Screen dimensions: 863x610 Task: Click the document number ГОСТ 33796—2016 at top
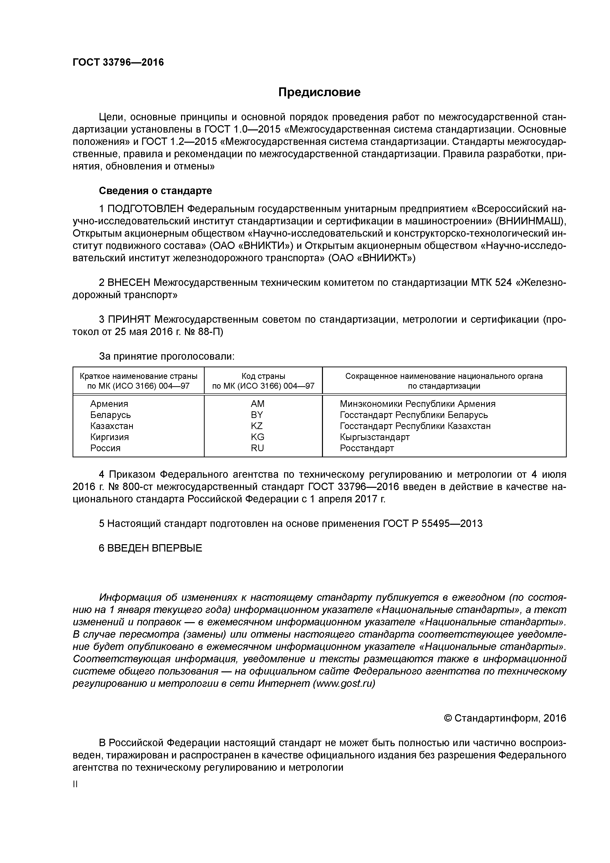(118, 62)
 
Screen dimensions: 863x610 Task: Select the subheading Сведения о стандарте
(155, 191)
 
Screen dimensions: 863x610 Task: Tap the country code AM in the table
(258, 404)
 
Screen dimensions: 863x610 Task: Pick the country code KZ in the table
(257, 426)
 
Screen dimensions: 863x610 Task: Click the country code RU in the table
(258, 448)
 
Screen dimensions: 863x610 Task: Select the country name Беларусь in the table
(110, 415)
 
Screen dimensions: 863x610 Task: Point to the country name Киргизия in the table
(109, 437)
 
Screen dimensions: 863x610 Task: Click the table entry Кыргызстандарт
(374, 437)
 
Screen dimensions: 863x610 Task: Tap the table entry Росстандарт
(367, 448)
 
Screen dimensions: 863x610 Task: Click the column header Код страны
(263, 376)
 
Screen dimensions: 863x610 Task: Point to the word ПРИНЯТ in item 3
(129, 320)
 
